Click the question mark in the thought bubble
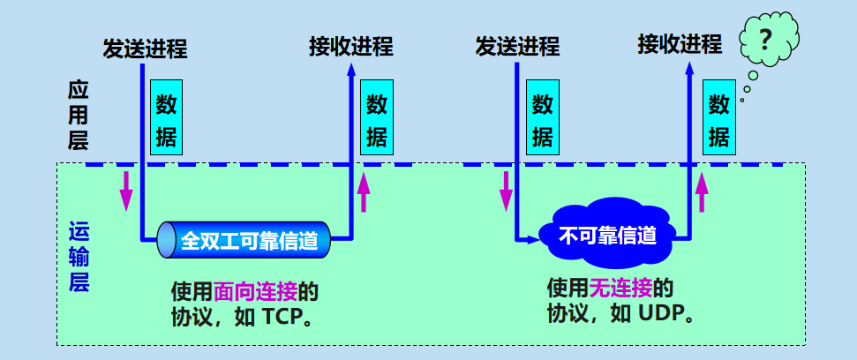tap(766, 40)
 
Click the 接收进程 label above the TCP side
tap(350, 46)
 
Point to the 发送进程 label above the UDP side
tap(517, 46)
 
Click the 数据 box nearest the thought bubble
tap(719, 121)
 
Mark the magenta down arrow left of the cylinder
tap(126, 186)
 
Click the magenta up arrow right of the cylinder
tap(365, 191)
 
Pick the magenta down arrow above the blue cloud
tap(507, 190)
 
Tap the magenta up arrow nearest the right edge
tap(703, 191)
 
